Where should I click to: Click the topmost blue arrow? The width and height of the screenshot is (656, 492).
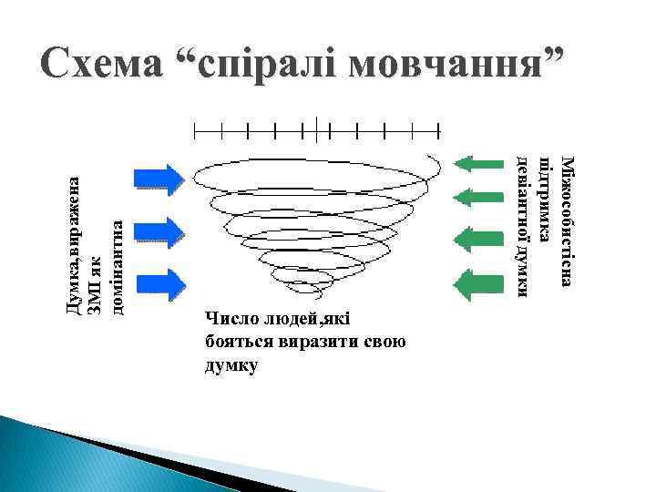click(159, 176)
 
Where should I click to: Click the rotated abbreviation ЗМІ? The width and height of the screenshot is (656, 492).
click(94, 301)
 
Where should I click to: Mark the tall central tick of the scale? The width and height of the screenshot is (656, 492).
click(314, 130)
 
